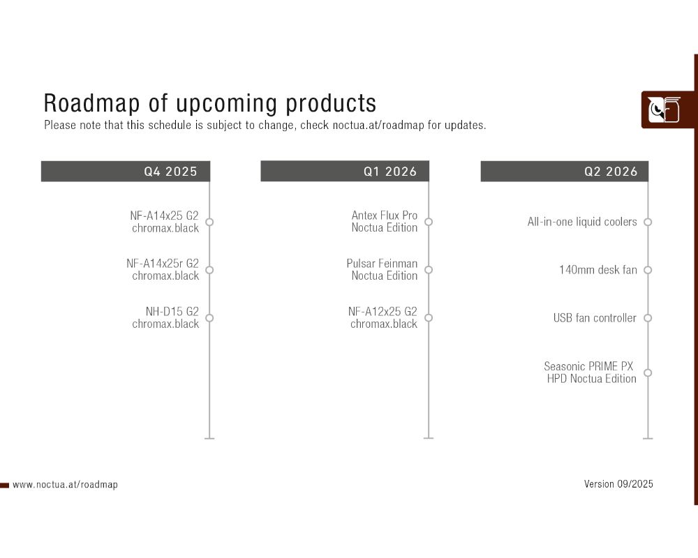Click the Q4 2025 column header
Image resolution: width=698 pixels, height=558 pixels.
click(126, 172)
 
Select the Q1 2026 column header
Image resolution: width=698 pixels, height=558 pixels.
click(345, 172)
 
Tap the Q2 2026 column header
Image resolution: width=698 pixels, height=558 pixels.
click(565, 172)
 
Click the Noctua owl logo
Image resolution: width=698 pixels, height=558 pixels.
click(664, 110)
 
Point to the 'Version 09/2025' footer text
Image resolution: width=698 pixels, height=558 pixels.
click(618, 484)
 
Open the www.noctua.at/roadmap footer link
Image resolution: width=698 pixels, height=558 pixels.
click(65, 485)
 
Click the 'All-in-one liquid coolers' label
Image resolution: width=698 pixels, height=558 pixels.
click(582, 222)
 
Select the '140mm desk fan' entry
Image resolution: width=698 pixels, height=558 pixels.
click(598, 270)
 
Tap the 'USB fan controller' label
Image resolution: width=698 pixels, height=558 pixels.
click(595, 318)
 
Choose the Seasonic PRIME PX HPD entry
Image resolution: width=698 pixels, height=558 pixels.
click(590, 372)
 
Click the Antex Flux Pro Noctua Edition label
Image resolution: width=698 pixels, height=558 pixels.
click(384, 222)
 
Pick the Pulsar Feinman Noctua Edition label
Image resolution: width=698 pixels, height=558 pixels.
click(382, 270)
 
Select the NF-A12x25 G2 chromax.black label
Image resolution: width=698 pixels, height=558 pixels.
click(383, 318)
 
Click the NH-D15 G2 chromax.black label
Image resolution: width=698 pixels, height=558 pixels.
click(165, 318)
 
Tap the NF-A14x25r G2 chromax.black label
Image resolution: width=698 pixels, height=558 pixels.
click(163, 270)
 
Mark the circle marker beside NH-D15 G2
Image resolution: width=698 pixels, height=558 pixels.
click(209, 318)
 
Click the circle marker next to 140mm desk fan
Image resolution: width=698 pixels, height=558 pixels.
click(648, 270)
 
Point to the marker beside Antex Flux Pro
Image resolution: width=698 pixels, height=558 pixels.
click(429, 222)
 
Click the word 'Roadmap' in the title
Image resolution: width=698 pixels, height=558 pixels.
click(91, 103)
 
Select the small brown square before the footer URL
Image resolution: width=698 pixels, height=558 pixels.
click(4, 485)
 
